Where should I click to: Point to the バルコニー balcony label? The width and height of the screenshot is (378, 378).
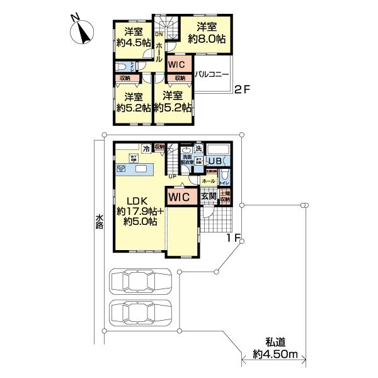coord(211,74)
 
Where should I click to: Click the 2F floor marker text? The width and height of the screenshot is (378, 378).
coord(243,88)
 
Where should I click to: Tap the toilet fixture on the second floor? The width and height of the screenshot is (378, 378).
coord(121,67)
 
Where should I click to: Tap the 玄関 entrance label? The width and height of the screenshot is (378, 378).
coord(209,197)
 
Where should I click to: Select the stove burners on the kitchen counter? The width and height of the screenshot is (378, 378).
coord(121,169)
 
